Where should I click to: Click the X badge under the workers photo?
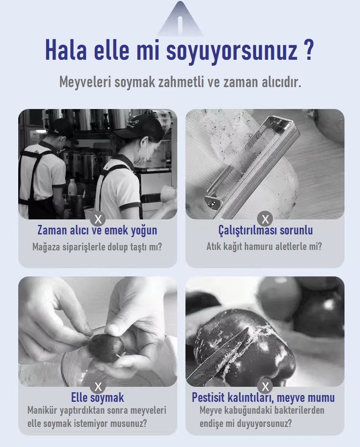(x=98, y=218)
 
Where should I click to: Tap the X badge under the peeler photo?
(x=265, y=218)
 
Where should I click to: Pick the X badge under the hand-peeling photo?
(x=98, y=387)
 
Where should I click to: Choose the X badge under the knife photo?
(x=265, y=387)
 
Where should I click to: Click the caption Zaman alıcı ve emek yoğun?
(x=98, y=230)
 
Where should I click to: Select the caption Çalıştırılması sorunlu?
(x=265, y=230)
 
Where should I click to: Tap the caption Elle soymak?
(x=98, y=397)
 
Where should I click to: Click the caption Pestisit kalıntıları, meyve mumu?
(x=263, y=397)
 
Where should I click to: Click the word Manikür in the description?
(x=45, y=411)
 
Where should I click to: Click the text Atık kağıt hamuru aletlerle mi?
(x=264, y=247)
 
